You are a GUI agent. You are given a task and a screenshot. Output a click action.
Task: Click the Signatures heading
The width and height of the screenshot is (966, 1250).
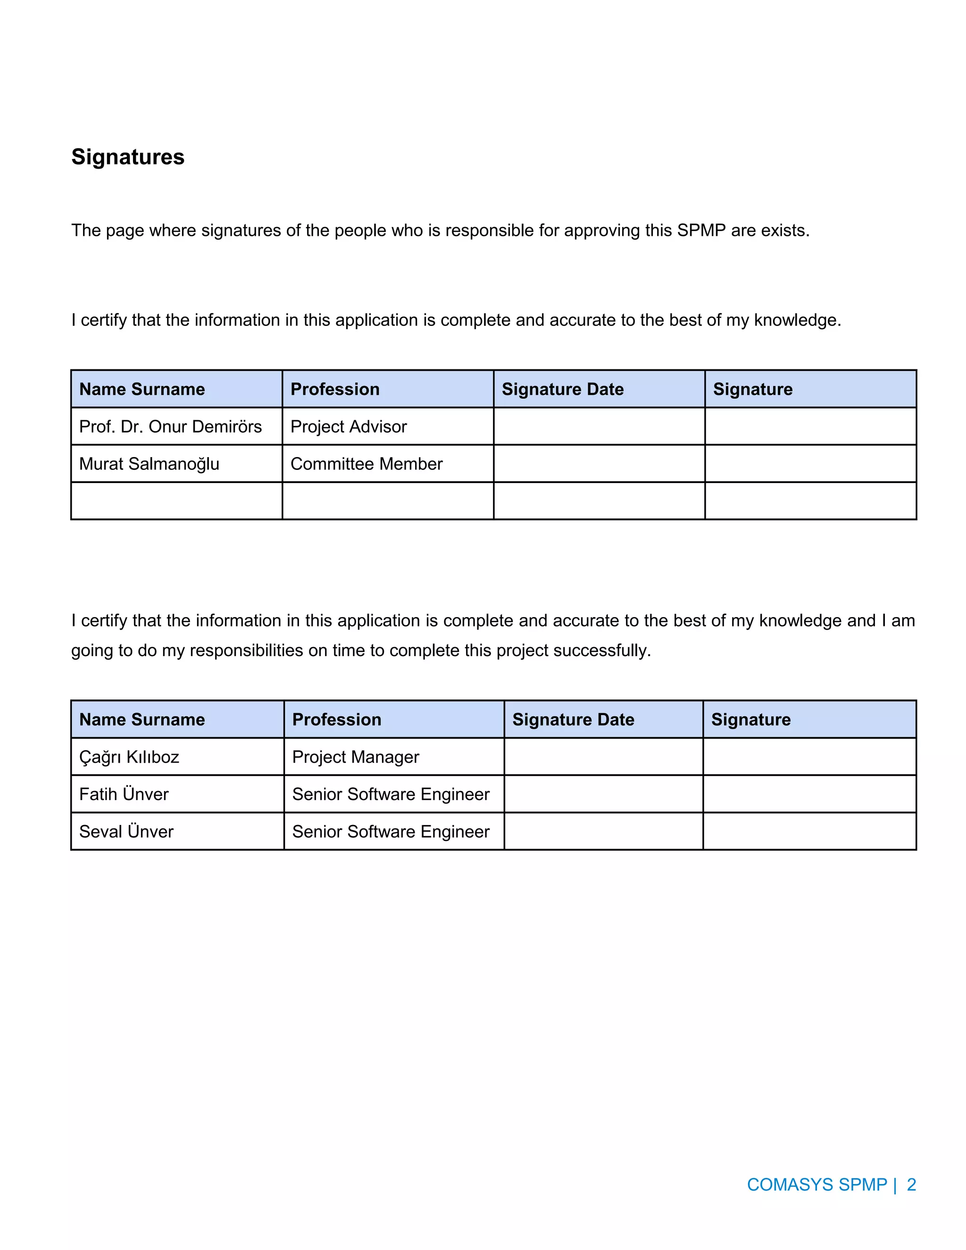[128, 157]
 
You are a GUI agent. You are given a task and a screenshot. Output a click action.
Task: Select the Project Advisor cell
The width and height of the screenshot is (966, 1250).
[349, 426]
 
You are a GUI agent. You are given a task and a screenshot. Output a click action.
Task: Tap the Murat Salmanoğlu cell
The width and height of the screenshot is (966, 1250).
[149, 464]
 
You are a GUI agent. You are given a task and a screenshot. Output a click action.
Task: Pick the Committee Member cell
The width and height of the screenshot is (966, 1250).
[366, 464]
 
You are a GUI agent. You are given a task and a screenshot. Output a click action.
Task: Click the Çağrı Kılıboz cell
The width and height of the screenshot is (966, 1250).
[129, 757]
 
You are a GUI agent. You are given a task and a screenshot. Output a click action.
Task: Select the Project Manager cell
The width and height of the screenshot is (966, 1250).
[355, 757]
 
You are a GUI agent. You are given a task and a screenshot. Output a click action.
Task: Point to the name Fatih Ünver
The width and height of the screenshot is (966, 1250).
[124, 794]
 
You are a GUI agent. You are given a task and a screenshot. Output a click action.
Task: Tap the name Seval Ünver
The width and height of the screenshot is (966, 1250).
[126, 831]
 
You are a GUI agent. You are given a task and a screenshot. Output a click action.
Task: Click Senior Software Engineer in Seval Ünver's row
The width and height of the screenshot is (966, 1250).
[391, 831]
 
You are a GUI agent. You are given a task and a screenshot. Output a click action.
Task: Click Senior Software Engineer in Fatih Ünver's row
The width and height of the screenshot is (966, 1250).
[391, 794]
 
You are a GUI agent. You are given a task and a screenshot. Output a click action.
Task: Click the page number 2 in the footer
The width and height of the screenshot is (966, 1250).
[911, 1184]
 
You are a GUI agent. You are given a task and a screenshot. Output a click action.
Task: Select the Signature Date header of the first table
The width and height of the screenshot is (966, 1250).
[563, 389]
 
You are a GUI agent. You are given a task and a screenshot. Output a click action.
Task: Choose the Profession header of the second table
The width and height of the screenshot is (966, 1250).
[336, 719]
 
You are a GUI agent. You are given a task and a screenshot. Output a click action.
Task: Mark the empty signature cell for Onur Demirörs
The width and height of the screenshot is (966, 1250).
[810, 426]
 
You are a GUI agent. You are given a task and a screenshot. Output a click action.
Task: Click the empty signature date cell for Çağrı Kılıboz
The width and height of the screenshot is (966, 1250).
[603, 757]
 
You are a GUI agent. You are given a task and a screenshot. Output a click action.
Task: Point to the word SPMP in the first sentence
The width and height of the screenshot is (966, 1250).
[701, 230]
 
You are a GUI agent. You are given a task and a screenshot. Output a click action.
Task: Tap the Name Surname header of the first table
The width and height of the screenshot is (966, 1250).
[142, 389]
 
